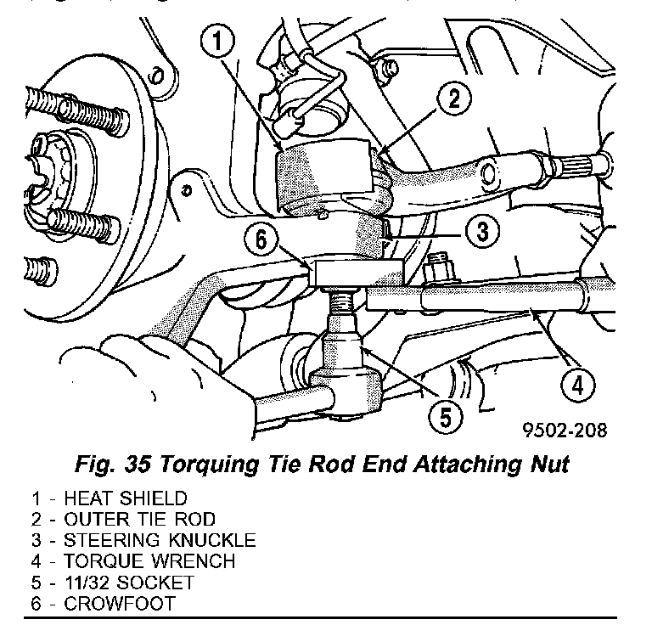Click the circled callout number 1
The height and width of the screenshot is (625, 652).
pos(222,39)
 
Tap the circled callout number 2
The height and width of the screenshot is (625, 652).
pos(454,99)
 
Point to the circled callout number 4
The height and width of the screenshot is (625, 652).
pos(576,387)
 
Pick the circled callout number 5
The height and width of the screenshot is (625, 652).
pos(446,416)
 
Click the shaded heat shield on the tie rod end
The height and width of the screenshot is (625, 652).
pos(323,178)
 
